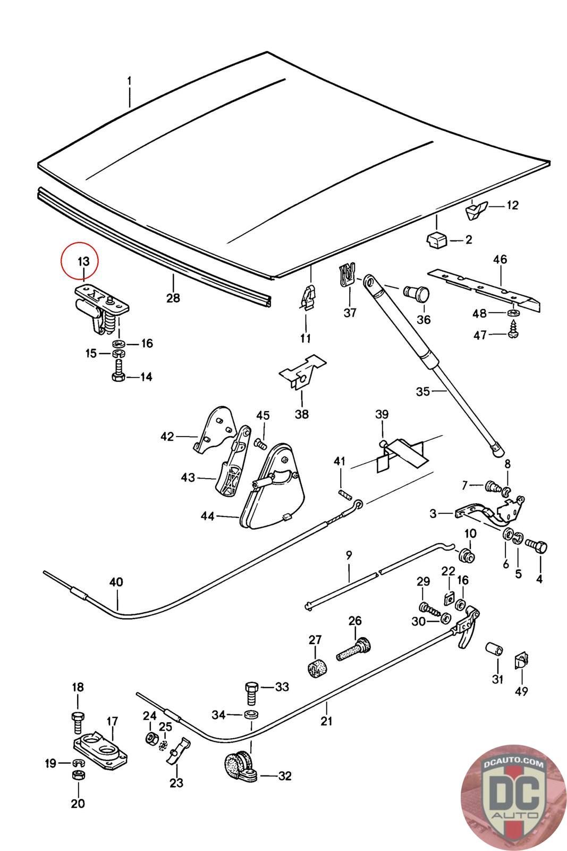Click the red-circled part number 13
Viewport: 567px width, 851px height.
coord(84,262)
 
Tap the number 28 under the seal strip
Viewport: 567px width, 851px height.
coord(173,297)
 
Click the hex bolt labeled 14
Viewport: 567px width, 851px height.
coord(118,369)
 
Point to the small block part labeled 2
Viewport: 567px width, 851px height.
coord(436,239)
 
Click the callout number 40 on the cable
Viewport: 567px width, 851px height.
coord(116,582)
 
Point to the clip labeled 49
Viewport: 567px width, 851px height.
coord(522,662)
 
